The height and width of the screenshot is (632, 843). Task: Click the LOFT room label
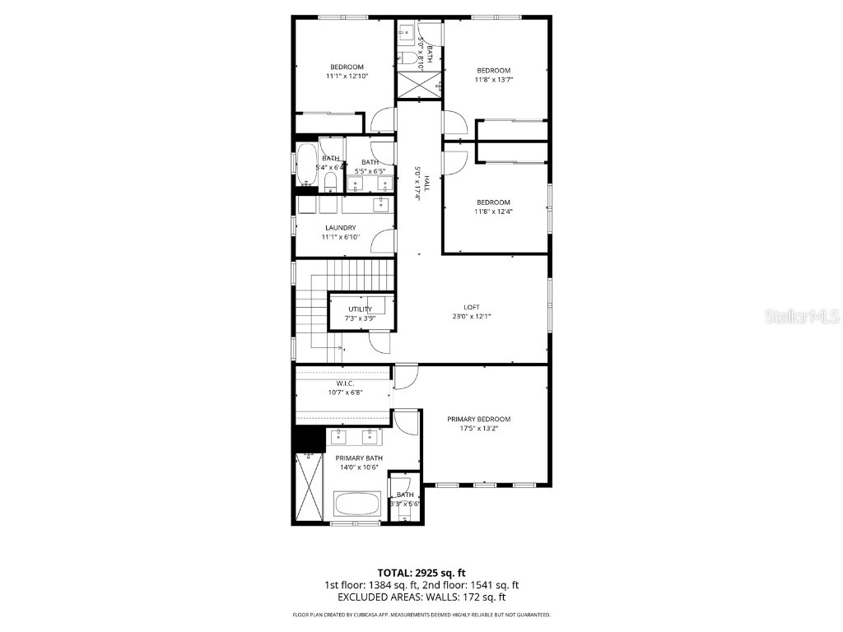coord(472,307)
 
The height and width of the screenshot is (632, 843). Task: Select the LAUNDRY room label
coord(340,227)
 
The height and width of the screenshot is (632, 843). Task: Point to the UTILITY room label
coord(360,309)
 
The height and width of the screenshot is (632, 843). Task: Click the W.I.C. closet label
coord(345,383)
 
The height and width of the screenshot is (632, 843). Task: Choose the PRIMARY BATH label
coord(358,458)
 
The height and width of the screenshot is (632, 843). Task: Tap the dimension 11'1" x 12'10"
coord(347,76)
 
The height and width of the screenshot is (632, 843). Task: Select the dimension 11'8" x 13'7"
coord(494,80)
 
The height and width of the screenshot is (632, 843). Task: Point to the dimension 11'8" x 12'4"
coord(494,211)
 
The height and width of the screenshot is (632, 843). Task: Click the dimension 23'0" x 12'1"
coord(472,316)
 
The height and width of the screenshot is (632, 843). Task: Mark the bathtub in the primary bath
coord(357,504)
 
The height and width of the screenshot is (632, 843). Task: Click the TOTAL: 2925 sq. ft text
coord(421,572)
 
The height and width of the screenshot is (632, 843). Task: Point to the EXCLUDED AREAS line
coord(421,597)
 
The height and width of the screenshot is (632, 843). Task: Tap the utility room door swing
coord(380,340)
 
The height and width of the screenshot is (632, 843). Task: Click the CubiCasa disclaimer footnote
coord(421,615)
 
